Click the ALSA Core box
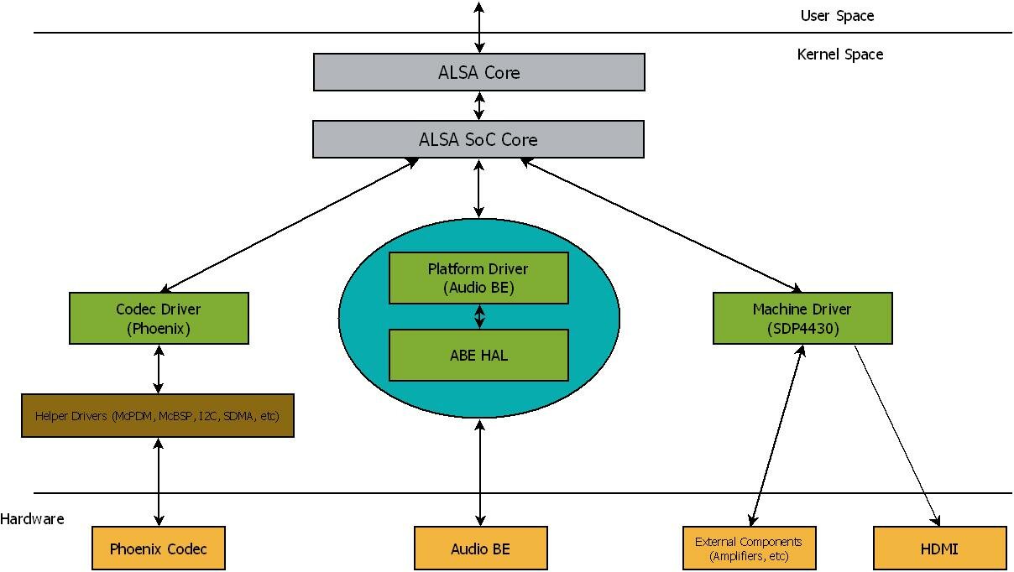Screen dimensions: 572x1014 click(x=478, y=72)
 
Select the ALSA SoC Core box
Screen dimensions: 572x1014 click(x=478, y=139)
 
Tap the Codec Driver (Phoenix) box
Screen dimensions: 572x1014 click(x=159, y=319)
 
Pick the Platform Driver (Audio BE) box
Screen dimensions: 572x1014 click(x=478, y=278)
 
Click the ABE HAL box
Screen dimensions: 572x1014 click(x=478, y=355)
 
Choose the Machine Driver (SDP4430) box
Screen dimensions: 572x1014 click(x=802, y=320)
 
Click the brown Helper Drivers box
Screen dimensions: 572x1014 click(x=158, y=416)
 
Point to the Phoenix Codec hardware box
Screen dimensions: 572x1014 click(x=159, y=549)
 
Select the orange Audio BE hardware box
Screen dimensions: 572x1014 click(x=480, y=549)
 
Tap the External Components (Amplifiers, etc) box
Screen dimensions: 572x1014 click(x=749, y=549)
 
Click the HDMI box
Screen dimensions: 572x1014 click(x=939, y=549)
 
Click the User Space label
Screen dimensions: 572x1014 click(x=837, y=16)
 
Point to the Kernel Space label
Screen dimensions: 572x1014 click(x=839, y=55)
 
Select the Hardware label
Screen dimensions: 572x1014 click(x=32, y=519)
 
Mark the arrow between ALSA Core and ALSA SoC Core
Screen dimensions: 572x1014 click(x=479, y=106)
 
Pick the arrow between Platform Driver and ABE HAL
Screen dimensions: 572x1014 click(x=479, y=316)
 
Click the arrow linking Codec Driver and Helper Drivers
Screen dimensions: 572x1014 click(x=159, y=369)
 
